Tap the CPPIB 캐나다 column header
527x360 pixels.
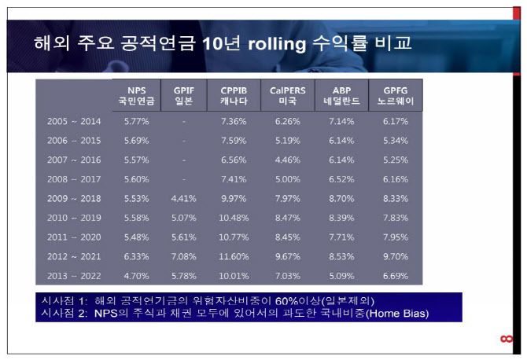pyautogui.click(x=234, y=96)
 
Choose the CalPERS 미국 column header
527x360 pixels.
pyautogui.click(x=287, y=96)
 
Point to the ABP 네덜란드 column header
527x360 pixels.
pyautogui.click(x=341, y=96)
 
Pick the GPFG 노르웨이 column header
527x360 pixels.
pyautogui.click(x=396, y=96)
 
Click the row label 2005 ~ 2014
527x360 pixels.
pyautogui.click(x=74, y=121)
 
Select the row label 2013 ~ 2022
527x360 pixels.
pyautogui.click(x=74, y=276)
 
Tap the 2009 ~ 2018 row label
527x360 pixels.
pyautogui.click(x=74, y=198)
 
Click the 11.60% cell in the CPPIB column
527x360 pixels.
pyautogui.click(x=234, y=256)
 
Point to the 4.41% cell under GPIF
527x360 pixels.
pyautogui.click(x=183, y=198)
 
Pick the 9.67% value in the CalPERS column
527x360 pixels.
pyautogui.click(x=287, y=256)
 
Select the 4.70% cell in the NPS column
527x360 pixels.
pyautogui.click(x=136, y=276)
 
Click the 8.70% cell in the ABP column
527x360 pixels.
pyautogui.click(x=341, y=198)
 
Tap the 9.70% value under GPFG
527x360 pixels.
pyautogui.click(x=395, y=256)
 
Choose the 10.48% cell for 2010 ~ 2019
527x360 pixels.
pyautogui.click(x=234, y=218)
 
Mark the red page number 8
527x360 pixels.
pyautogui.click(x=506, y=339)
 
